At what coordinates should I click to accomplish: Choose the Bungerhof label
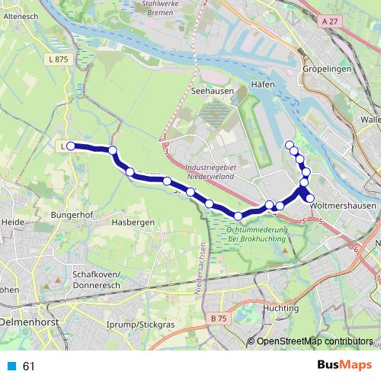(x=72, y=216)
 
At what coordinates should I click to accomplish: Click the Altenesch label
(x=21, y=15)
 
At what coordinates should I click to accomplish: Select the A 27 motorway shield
(x=329, y=22)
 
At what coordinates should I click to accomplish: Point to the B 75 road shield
(x=219, y=318)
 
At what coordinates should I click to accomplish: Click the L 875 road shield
(x=56, y=59)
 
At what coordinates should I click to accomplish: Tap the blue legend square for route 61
(x=11, y=367)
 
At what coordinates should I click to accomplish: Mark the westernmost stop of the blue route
(x=71, y=146)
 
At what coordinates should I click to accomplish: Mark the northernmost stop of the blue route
(x=289, y=145)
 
